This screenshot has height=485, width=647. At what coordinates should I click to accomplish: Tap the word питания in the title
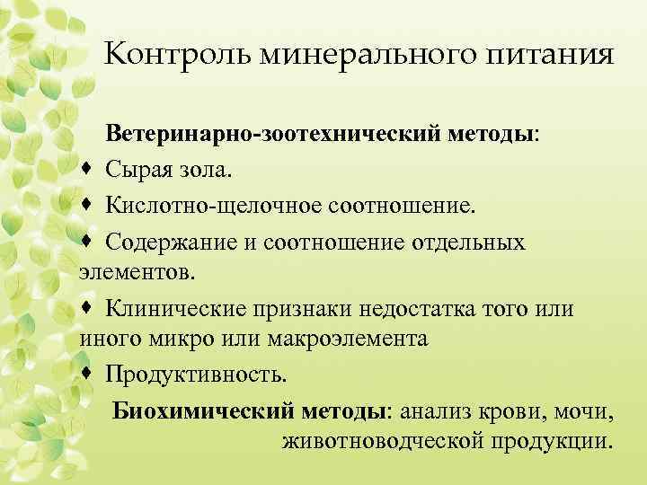click(545, 57)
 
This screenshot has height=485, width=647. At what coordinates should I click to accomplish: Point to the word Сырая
click(139, 169)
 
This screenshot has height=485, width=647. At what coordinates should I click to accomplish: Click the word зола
click(208, 169)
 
